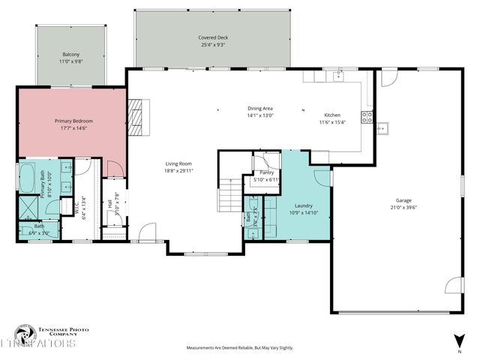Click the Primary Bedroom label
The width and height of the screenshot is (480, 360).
[72, 121]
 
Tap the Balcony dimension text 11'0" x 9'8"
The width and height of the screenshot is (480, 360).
[71, 63]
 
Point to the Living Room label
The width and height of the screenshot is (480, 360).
[179, 163]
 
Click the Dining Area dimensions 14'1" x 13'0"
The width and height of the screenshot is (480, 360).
[260, 115]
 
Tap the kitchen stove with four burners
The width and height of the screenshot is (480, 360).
[367, 116]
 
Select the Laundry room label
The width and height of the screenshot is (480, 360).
[304, 205]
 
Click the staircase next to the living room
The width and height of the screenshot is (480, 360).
[229, 199]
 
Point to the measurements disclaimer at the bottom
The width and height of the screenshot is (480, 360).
[239, 348]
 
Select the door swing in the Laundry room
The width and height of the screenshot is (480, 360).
[322, 177]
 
